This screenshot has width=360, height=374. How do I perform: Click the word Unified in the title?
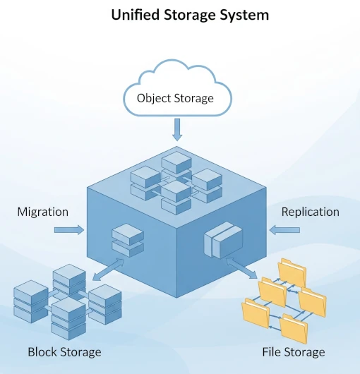click(136, 15)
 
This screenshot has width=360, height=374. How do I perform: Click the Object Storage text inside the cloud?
click(175, 98)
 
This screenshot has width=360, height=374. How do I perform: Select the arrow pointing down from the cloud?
click(177, 130)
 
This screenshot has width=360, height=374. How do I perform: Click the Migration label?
click(43, 212)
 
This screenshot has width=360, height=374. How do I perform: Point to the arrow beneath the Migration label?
click(69, 230)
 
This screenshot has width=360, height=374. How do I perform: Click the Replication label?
click(311, 212)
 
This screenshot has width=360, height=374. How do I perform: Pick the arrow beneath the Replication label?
click(284, 230)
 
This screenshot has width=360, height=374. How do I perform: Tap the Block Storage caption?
click(64, 352)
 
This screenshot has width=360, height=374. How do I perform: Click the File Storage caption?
click(294, 352)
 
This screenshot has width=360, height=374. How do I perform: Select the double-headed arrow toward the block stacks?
click(108, 270)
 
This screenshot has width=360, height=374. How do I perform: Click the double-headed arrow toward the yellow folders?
click(241, 268)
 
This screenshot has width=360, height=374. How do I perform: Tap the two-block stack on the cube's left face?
click(128, 240)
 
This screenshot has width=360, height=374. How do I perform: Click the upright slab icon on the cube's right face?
click(223, 240)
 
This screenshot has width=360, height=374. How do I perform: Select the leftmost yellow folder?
click(256, 313)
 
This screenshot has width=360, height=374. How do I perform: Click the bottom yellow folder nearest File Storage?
click(294, 328)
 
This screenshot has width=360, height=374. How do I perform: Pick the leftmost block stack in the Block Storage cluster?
click(31, 302)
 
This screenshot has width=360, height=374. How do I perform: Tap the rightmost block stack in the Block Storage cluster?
click(105, 304)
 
